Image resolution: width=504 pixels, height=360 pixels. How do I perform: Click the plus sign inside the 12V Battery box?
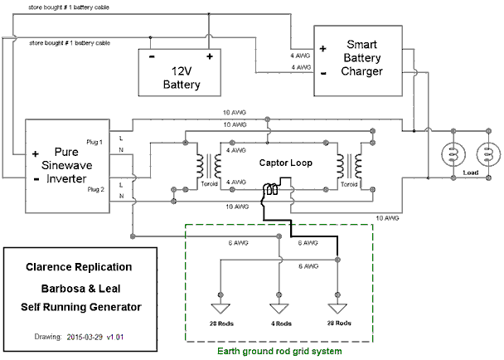point(210,57)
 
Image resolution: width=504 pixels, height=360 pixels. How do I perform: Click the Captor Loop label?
point(284,163)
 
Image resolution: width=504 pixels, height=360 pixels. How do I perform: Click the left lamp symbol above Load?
point(453,154)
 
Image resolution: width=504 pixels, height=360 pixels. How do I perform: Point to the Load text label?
point(470,173)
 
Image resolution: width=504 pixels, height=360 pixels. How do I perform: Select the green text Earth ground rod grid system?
point(279,351)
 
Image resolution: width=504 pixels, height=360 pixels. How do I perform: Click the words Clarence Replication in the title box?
point(78,268)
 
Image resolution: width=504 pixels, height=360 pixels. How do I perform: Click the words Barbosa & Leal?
point(78,288)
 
